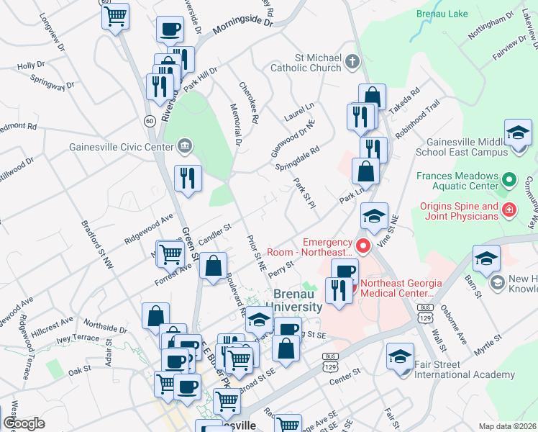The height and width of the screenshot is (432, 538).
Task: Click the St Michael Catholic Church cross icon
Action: click(352, 61)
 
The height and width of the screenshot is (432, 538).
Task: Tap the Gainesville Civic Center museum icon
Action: click(185, 147)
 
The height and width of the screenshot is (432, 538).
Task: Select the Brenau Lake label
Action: click(440, 13)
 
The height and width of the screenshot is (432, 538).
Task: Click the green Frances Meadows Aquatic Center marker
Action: click(509, 179)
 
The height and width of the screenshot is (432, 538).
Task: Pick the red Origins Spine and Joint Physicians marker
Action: click(509, 210)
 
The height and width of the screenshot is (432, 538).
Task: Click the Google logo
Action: click(24, 423)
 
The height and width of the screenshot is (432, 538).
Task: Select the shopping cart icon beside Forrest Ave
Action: click(170, 253)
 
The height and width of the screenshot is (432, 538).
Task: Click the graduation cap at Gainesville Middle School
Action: click(518, 135)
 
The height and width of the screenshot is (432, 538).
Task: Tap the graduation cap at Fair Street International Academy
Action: click(401, 356)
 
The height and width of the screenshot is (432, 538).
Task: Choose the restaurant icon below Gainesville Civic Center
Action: click(188, 177)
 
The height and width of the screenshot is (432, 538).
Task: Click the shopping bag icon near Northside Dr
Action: click(156, 315)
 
